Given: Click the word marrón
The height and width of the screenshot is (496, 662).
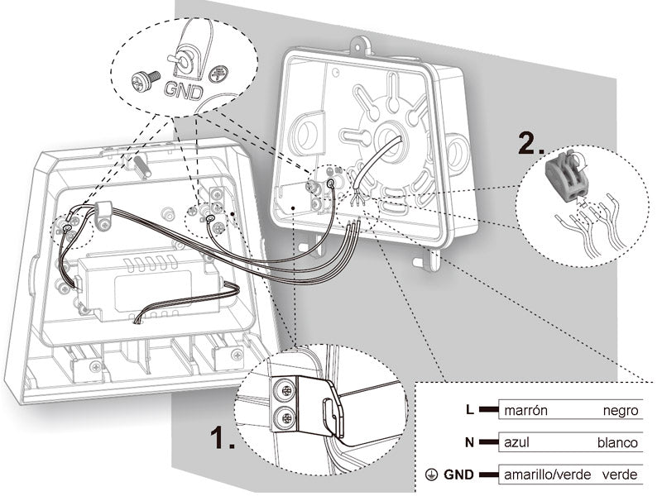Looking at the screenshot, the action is click(525, 410).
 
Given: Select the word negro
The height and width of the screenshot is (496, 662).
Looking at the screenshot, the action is click(620, 410).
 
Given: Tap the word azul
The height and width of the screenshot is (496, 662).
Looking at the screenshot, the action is click(516, 442).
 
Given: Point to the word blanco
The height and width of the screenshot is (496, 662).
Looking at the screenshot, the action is click(617, 442).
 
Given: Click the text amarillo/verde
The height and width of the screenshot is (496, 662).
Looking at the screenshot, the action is click(547, 475).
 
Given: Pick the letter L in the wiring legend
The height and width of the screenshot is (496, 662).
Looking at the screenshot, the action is click(470, 409).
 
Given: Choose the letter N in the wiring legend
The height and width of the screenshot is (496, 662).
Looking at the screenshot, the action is click(469, 442).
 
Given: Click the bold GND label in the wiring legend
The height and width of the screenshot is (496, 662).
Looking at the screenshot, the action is click(458, 475).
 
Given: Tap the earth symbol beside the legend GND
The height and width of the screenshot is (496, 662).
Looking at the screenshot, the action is click(431, 475).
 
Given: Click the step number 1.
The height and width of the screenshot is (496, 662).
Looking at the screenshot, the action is click(223, 437).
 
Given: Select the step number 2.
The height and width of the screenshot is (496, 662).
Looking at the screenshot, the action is click(531, 145).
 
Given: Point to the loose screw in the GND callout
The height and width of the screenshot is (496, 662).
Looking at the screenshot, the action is click(146, 80).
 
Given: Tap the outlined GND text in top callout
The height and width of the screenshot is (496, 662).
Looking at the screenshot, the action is click(183, 91).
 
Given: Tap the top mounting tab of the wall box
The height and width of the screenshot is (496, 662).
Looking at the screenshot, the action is click(360, 45).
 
